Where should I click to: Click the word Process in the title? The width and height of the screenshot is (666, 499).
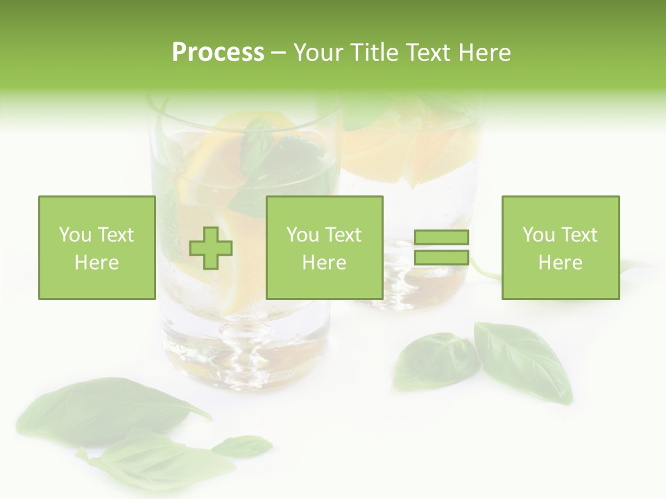[x=218, y=53]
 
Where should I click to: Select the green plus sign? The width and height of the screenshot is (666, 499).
[x=211, y=247]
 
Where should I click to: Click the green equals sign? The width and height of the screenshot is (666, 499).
[x=441, y=247]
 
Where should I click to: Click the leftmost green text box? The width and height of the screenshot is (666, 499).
[x=97, y=247]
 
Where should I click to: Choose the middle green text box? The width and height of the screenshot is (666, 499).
[x=325, y=247]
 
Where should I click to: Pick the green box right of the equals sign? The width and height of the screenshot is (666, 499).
[x=561, y=247]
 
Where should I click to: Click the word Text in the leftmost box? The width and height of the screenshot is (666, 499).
[x=116, y=235]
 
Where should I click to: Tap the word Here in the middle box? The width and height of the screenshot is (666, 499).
[x=325, y=263]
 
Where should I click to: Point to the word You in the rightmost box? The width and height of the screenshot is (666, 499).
[x=538, y=235]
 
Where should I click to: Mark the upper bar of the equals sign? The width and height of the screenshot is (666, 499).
[x=441, y=238]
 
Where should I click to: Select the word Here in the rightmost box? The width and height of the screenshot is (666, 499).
[x=561, y=263]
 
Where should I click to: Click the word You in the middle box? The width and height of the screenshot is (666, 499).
[x=302, y=235]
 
